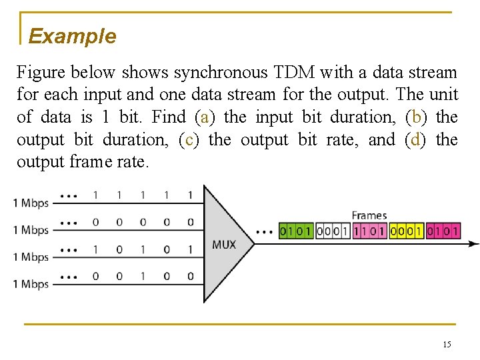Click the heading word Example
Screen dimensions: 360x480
coord(72,36)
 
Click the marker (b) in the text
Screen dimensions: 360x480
coord(417,117)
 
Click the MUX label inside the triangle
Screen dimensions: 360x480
coord(223,245)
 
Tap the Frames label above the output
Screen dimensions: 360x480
coord(369,215)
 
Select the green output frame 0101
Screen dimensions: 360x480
coord(295,231)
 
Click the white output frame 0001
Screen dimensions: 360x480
coord(333,231)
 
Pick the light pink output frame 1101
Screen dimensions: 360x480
coord(369,231)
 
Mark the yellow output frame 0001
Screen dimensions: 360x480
coord(406,231)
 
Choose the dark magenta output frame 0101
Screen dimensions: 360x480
coord(443,231)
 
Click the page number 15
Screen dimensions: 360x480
coord(447,344)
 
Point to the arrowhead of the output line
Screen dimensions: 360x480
coord(474,244)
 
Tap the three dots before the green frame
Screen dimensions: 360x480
coord(264,233)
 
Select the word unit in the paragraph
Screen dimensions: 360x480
coord(443,95)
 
